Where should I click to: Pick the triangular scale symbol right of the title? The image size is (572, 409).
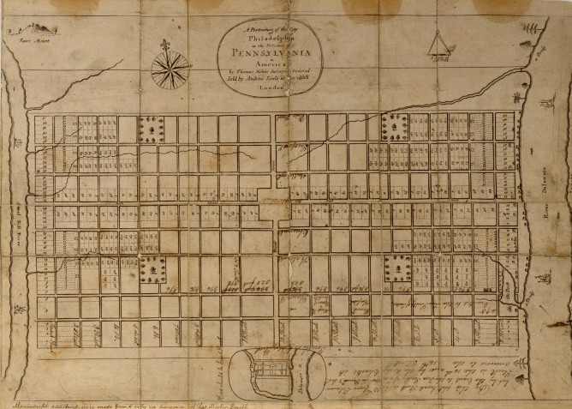click(441, 42)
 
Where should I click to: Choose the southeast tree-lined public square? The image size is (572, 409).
click(399, 268)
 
